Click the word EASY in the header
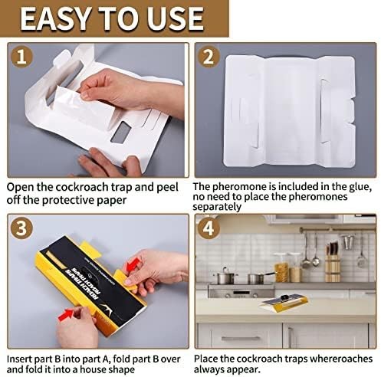pyautogui.click(x=67, y=19)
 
